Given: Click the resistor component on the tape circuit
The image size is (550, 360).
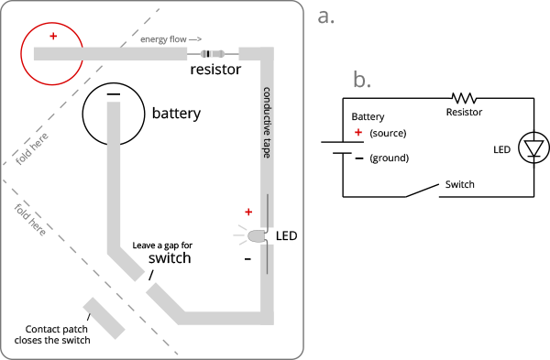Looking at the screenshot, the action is [213, 54].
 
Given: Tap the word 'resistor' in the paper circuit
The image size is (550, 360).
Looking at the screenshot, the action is [215, 70].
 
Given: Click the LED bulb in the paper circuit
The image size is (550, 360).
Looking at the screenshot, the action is [257, 235].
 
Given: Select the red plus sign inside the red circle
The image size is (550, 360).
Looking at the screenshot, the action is [53, 36].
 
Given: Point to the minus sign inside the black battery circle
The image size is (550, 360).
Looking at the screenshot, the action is [114, 94].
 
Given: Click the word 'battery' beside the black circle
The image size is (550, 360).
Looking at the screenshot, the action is [176, 114].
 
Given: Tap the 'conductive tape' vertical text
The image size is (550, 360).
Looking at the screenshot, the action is [267, 123].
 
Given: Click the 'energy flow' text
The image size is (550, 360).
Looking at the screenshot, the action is [163, 39].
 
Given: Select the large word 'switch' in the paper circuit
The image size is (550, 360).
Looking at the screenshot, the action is [170, 258].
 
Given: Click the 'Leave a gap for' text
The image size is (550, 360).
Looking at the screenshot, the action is [162, 245].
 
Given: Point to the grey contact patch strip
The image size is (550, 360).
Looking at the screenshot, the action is [104, 319].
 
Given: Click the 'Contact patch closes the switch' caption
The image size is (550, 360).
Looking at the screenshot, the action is [52, 334].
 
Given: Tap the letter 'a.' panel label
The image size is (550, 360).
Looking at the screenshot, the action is [325, 16].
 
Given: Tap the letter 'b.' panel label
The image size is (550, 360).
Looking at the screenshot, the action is [362, 79].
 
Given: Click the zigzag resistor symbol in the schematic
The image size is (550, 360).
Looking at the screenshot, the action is [464, 98].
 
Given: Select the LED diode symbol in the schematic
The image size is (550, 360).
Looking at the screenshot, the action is [533, 147].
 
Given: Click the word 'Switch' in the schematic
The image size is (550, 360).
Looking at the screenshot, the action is [460, 184].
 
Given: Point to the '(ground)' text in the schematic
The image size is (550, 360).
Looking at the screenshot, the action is [390, 158].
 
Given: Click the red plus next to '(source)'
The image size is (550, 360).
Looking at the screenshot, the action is [358, 132].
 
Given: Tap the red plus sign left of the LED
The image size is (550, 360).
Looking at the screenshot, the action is [248, 212].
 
